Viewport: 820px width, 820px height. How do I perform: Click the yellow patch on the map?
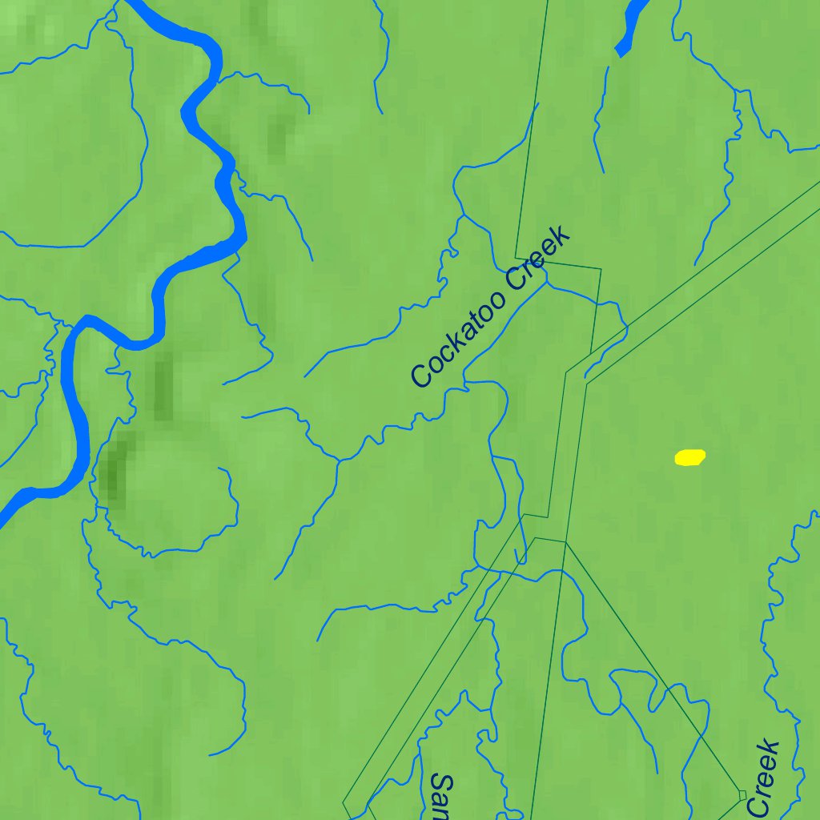point(689,457)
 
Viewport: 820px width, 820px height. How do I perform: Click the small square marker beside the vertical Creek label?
point(742,794)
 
